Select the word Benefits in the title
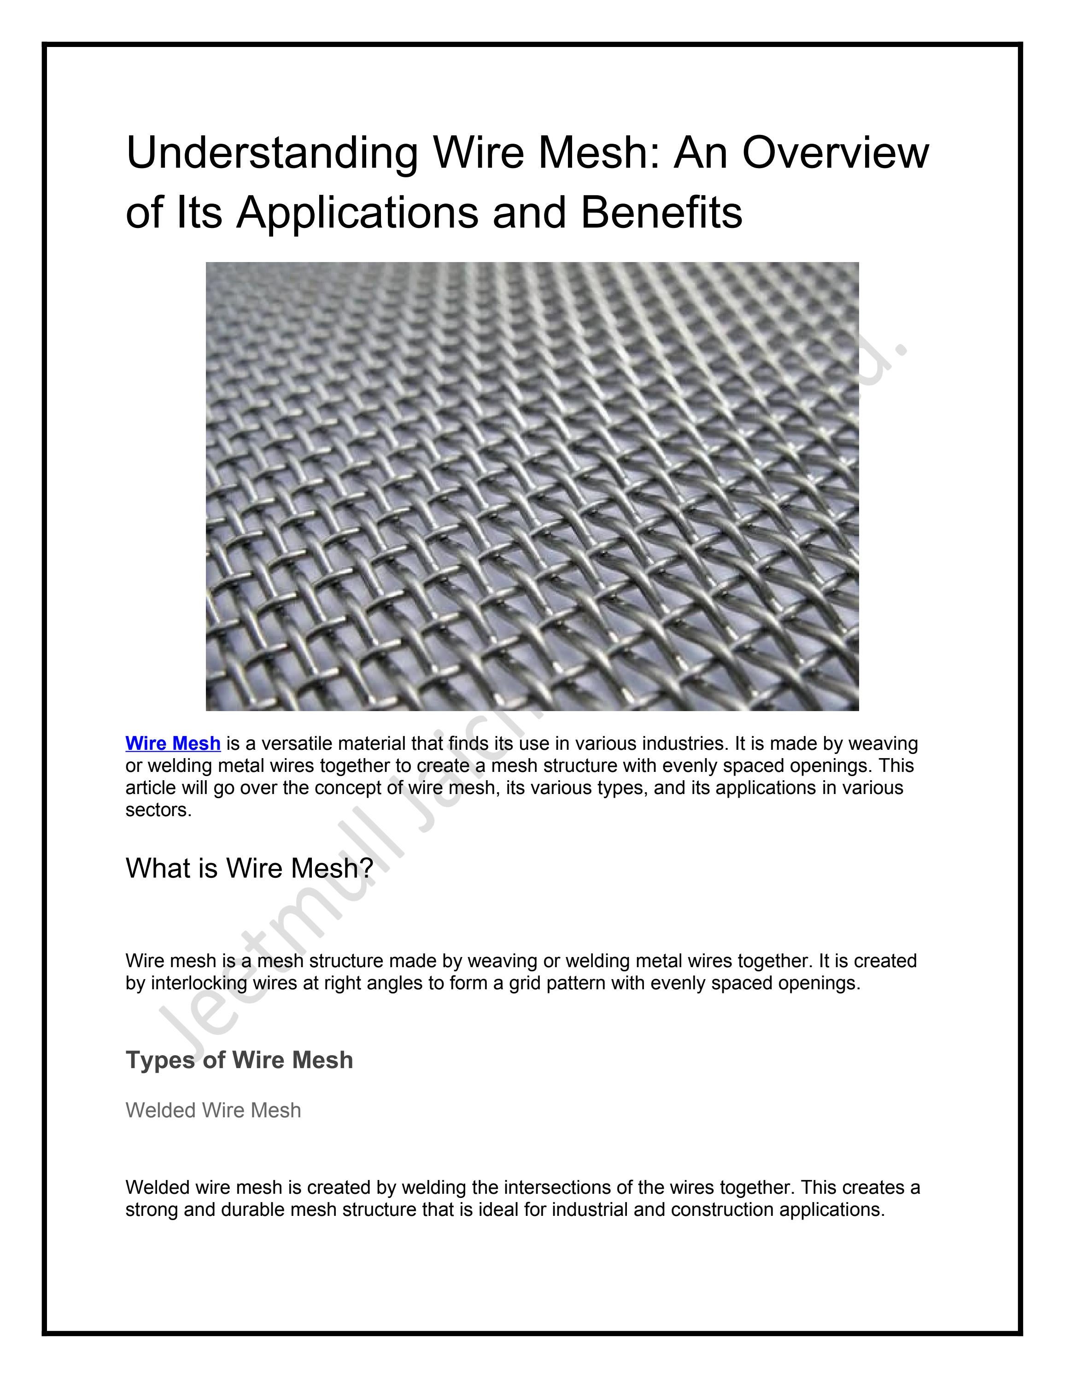coord(661,213)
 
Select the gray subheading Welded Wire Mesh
coord(213,1110)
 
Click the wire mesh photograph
coord(532,486)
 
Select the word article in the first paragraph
coord(150,788)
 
